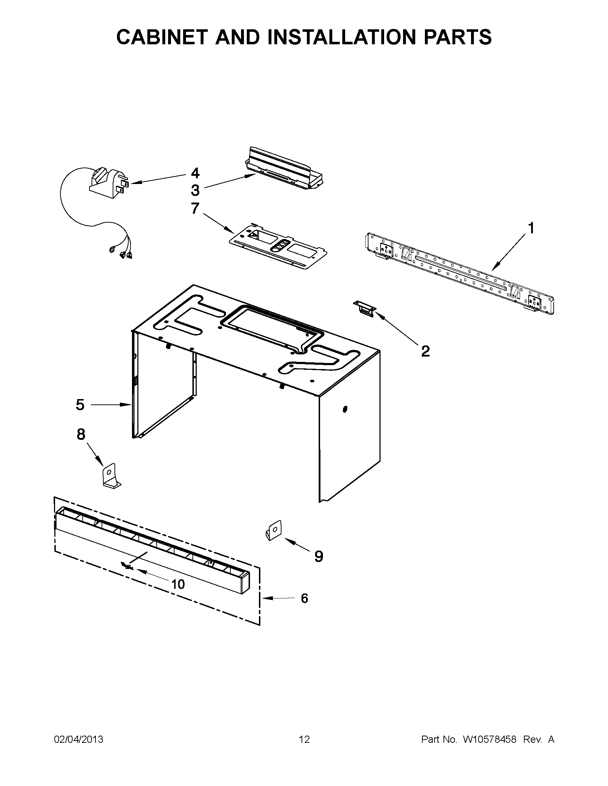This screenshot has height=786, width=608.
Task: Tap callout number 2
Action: click(425, 351)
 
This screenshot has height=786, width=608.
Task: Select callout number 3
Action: click(195, 190)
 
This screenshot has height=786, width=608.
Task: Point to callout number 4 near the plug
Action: click(195, 174)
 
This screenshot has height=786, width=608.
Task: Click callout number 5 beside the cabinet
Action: click(80, 405)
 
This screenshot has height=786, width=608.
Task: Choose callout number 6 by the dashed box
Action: click(304, 598)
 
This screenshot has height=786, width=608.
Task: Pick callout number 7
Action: click(195, 208)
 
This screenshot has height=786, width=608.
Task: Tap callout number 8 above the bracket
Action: click(81, 434)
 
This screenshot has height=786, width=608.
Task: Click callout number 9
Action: click(319, 556)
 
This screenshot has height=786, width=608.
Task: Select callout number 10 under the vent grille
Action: click(178, 584)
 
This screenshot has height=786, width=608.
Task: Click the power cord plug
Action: click(108, 185)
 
